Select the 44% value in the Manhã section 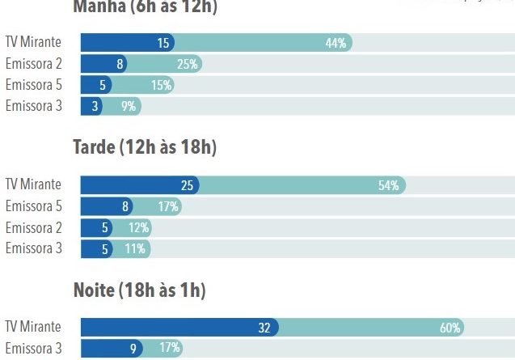pyautogui.click(x=336, y=44)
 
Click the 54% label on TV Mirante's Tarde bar pyautogui.click(x=389, y=186)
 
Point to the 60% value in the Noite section pyautogui.click(x=450, y=328)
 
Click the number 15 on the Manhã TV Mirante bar pyautogui.click(x=164, y=44)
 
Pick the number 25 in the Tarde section pyautogui.click(x=187, y=186)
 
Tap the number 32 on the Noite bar pyautogui.click(x=264, y=328)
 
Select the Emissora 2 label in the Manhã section pyautogui.click(x=33, y=64)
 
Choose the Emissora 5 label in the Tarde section pyautogui.click(x=33, y=206)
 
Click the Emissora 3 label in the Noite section pyautogui.click(x=33, y=349)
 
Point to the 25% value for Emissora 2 pyautogui.click(x=188, y=64)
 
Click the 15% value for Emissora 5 pyautogui.click(x=161, y=85)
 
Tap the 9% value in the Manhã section pyautogui.click(x=129, y=106)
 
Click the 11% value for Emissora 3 pyautogui.click(x=136, y=249)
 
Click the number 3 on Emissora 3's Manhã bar pyautogui.click(x=95, y=106)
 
